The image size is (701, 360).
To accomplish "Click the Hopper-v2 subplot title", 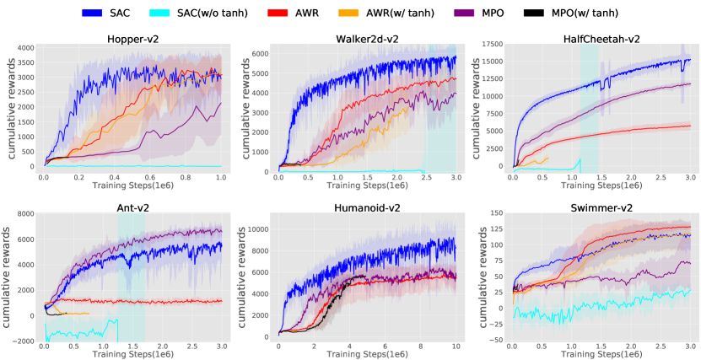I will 134,39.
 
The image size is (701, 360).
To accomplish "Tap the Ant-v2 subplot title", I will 134,207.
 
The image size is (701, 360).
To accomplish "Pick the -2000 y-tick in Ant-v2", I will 24,341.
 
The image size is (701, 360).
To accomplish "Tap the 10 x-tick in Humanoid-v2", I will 456,347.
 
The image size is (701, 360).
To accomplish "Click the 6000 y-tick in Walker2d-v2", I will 257,53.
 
